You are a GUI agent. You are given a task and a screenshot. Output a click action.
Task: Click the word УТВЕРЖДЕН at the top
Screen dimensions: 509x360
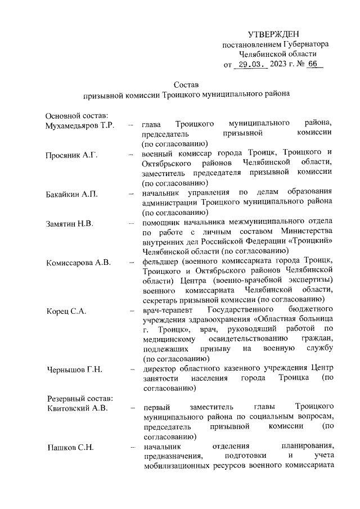point(273,35)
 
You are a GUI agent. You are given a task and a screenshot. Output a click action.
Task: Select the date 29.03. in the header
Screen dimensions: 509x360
point(251,65)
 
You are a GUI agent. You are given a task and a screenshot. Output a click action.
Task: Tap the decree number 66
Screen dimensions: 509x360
point(313,65)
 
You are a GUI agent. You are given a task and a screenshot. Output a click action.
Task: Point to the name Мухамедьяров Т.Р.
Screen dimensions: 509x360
point(79,124)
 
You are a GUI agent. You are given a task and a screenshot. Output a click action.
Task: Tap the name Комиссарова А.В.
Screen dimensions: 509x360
point(79,263)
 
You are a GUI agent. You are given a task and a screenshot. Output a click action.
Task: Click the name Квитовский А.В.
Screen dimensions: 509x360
point(76,407)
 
